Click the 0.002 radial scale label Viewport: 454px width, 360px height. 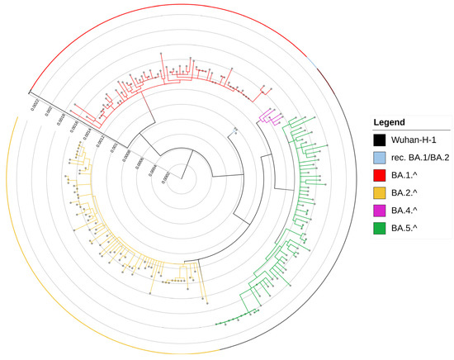pyautogui.click(x=49, y=110)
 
